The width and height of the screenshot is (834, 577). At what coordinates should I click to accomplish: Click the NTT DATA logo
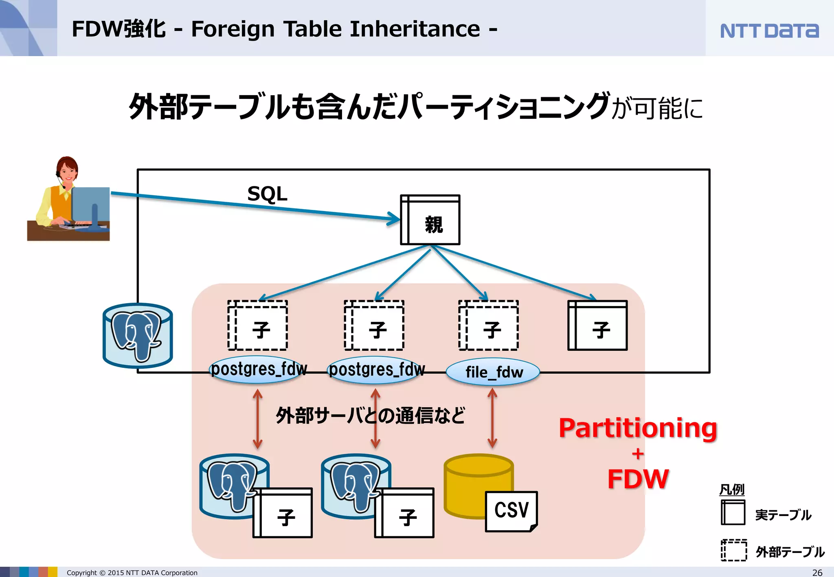click(769, 31)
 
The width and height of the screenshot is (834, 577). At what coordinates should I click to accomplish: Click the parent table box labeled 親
click(430, 220)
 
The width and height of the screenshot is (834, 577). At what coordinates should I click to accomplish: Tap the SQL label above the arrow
click(267, 194)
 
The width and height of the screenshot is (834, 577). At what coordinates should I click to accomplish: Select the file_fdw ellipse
click(493, 372)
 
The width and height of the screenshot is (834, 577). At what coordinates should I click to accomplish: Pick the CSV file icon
click(511, 511)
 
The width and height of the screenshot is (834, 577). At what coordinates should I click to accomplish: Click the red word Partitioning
click(638, 428)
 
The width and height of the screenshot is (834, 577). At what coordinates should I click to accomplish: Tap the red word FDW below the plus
click(638, 479)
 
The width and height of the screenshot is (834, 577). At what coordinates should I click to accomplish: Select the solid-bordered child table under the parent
click(597, 326)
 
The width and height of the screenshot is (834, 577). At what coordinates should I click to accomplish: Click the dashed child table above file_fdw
click(488, 326)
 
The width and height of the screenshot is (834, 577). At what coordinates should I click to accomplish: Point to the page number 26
click(817, 572)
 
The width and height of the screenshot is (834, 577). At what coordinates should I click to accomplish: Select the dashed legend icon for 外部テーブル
click(734, 550)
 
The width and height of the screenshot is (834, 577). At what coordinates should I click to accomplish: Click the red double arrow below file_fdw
click(492, 418)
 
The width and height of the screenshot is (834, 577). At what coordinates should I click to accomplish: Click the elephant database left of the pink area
click(138, 336)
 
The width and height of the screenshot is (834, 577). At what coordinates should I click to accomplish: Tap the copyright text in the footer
click(132, 573)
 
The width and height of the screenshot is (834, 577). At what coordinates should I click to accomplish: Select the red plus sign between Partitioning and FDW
click(638, 454)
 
